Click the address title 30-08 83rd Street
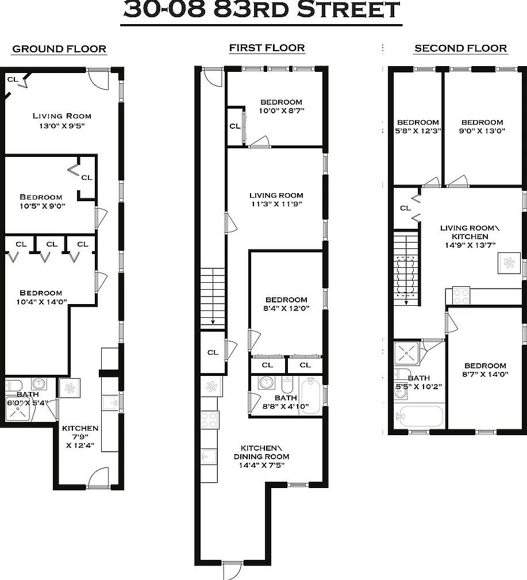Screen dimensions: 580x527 261,10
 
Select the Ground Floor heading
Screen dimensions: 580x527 59,49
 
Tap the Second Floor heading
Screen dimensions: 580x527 460,49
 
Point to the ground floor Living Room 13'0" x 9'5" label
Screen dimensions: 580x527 61,121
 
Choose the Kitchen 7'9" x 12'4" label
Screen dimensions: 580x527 80,436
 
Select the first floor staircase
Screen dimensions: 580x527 212,299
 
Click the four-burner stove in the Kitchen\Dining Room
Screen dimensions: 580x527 209,420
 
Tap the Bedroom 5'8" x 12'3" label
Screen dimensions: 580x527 418,126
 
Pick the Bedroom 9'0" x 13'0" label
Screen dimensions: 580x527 482,126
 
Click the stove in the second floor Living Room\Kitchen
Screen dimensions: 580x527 461,295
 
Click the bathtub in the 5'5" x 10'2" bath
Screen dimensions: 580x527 419,416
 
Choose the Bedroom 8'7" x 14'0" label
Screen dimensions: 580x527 486,370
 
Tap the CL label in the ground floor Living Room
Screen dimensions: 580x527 12,79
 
